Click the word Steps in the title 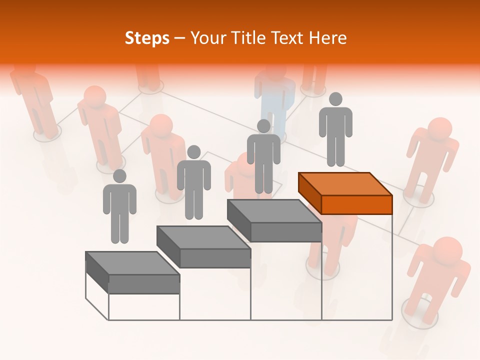147,38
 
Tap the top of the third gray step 274,210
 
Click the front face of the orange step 356,204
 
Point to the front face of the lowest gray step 144,284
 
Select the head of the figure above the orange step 335,99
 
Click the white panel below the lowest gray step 144,306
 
